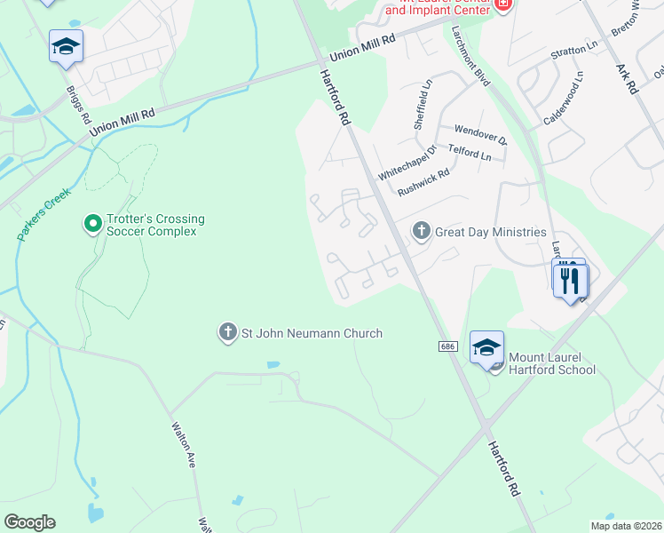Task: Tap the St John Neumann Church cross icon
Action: [x=227, y=333]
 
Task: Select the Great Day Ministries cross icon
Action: [x=422, y=232]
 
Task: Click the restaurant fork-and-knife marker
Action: [x=569, y=280]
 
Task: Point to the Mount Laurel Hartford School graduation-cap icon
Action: [x=486, y=347]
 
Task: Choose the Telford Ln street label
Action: [x=470, y=153]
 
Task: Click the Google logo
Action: [x=29, y=522]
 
